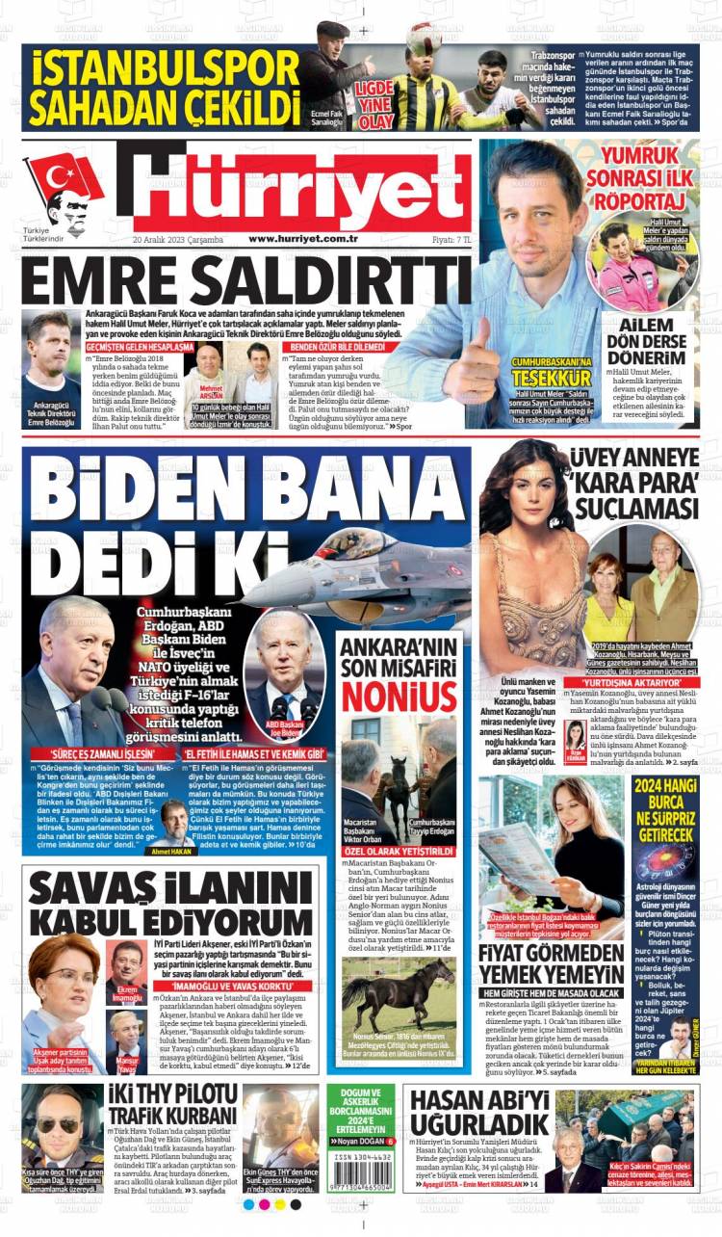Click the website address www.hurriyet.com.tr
pos(303,239)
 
